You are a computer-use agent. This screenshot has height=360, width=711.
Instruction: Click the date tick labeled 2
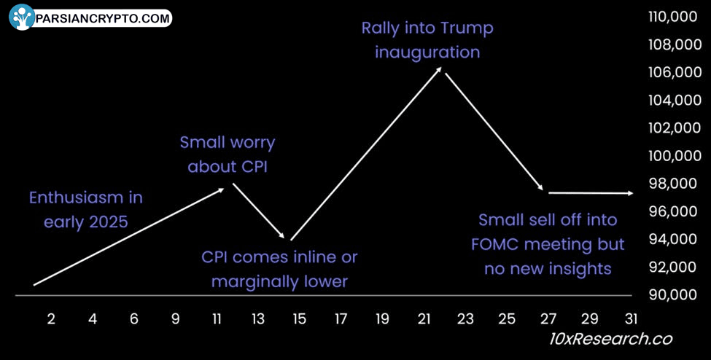(x=51, y=320)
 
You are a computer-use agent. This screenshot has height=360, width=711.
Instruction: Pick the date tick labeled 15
(x=299, y=320)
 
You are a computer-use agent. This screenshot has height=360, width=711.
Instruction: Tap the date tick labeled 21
(x=424, y=320)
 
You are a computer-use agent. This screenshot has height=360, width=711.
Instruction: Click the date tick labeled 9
(x=175, y=320)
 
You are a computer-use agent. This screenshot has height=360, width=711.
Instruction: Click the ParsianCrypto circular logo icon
(x=22, y=17)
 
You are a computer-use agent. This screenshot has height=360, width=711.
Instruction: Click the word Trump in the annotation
(x=467, y=29)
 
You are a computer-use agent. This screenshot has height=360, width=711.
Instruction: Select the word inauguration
(x=427, y=53)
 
